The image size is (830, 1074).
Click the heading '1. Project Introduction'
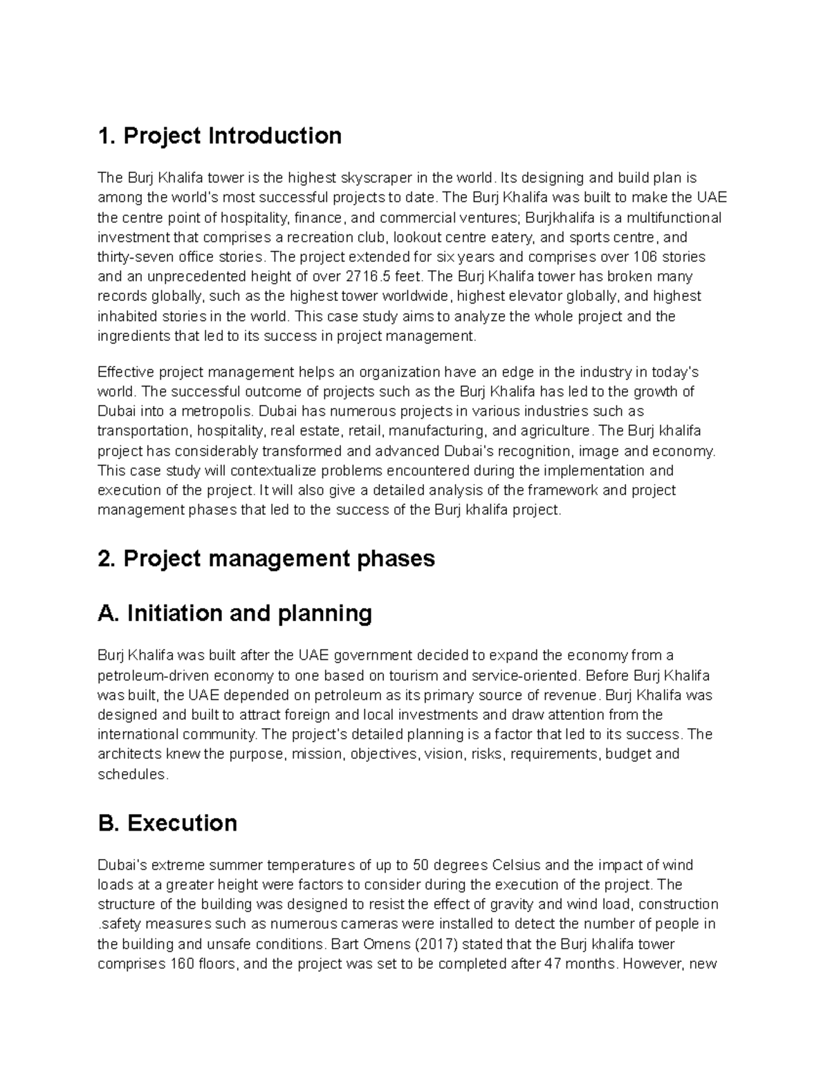[x=219, y=136]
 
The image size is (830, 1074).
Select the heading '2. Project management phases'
[x=266, y=558]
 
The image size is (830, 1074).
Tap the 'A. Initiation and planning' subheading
[x=235, y=613]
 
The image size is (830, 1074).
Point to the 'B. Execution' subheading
[x=167, y=823]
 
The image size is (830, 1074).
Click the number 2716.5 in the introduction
[x=367, y=277]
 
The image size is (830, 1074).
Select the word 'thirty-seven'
[x=132, y=257]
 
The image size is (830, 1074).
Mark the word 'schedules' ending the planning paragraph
[x=132, y=774]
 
